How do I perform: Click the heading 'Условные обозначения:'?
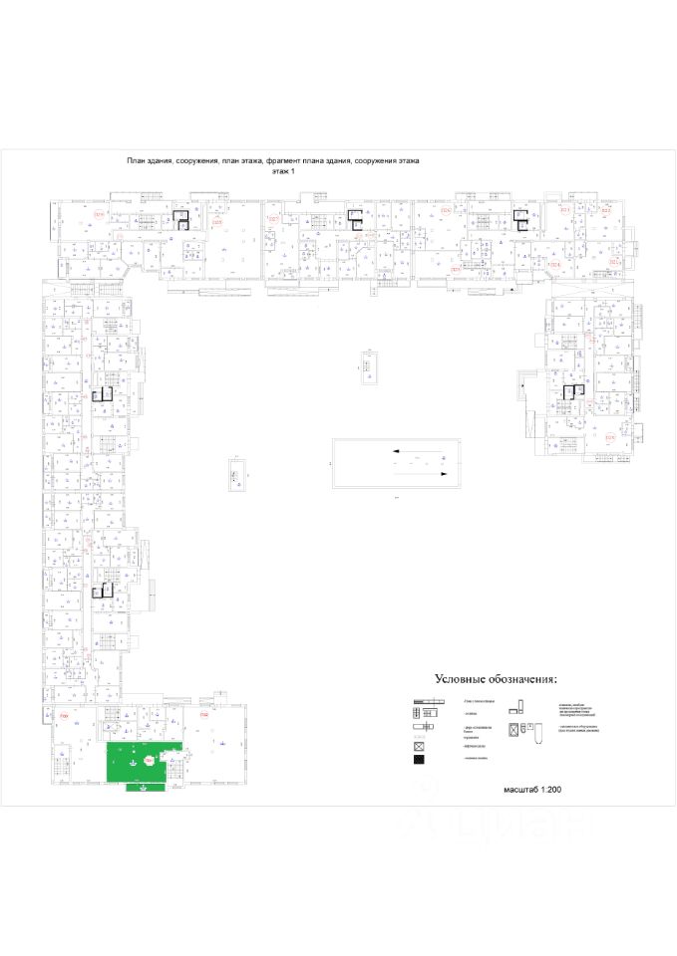[x=494, y=679]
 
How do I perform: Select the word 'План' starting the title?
[x=137, y=160]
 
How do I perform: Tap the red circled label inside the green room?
[x=150, y=760]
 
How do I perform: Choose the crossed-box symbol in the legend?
[x=420, y=746]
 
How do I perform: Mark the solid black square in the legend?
[x=420, y=762]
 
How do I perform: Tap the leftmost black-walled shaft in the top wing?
[x=181, y=220]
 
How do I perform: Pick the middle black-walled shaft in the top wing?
[x=354, y=219]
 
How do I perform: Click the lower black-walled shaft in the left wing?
[x=100, y=591]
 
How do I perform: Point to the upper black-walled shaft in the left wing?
[x=100, y=394]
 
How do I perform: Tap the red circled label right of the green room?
[x=203, y=715]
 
